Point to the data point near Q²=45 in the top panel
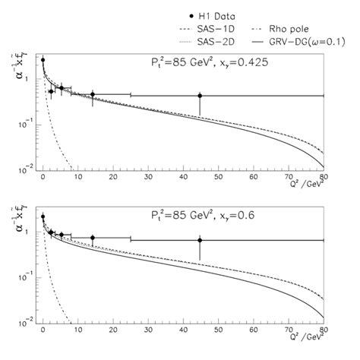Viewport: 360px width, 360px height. (x=200, y=96)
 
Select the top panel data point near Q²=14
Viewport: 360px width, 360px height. (x=92, y=95)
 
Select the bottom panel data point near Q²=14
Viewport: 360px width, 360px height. (x=92, y=238)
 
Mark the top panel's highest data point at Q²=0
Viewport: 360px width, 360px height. (x=43, y=59)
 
